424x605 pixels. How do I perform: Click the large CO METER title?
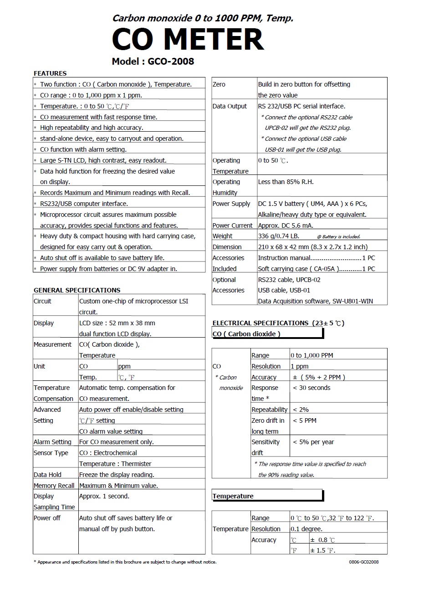pos(188,39)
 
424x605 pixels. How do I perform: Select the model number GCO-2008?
pos(171,62)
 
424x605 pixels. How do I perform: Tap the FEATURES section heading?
pos(50,73)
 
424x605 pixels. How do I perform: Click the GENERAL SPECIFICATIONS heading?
pos(77,290)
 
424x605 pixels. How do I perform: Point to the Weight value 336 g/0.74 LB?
pos(279,236)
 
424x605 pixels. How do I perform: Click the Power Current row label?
pos(232,226)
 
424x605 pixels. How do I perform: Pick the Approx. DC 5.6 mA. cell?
pos(286,226)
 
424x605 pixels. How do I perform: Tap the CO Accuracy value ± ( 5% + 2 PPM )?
pos(319,377)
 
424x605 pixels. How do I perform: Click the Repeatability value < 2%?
pos(301,410)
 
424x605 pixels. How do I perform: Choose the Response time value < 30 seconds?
pos(312,388)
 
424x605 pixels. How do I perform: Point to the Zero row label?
pos(219,84)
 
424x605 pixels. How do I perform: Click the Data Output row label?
pos(230,106)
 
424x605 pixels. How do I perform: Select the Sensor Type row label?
pos(51,453)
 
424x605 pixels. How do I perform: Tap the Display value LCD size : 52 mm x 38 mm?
pos(117,323)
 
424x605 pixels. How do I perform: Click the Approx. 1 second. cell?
pos(104,496)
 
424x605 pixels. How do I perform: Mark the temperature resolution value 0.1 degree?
pos(307,529)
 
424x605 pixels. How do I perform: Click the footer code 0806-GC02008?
pos(363,562)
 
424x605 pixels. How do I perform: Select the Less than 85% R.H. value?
pos(286,182)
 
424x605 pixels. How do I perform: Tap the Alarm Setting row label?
pos(52,442)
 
